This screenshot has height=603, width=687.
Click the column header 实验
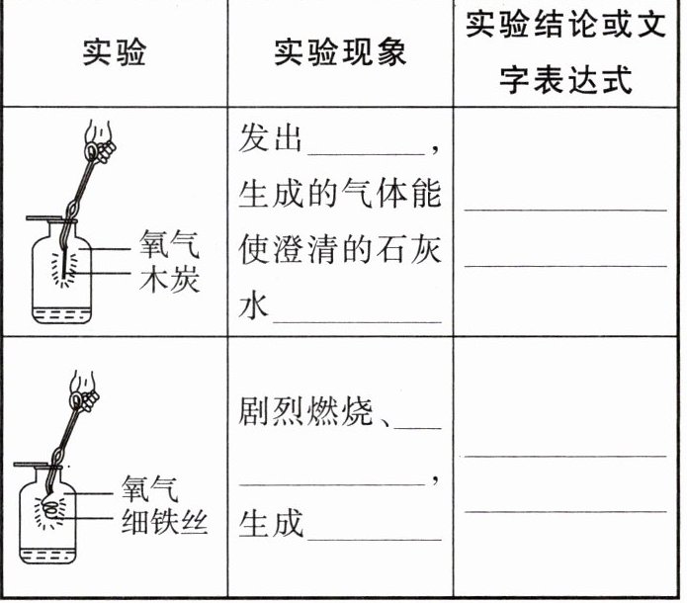[x=114, y=52]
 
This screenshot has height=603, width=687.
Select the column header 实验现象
[x=340, y=52]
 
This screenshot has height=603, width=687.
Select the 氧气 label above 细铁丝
[x=151, y=487]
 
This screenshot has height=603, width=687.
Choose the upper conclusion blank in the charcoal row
[x=565, y=209]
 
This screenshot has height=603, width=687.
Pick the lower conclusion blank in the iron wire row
[x=565, y=510]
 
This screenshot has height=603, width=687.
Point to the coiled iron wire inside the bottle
[x=51, y=513]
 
